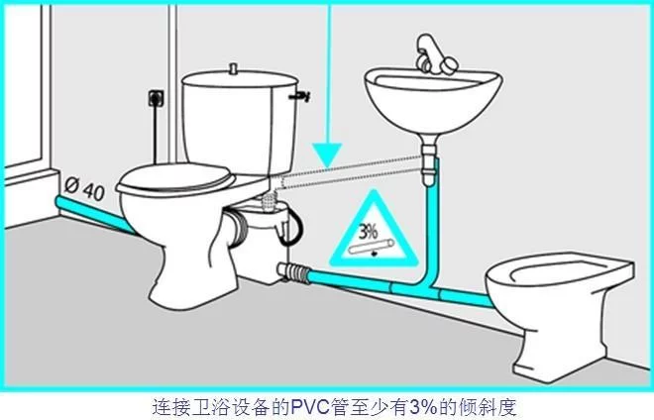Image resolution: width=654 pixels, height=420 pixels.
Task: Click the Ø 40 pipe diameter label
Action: click(84, 188)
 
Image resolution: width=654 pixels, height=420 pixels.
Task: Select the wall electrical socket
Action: click(156, 98)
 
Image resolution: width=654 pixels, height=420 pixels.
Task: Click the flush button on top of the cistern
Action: click(234, 68)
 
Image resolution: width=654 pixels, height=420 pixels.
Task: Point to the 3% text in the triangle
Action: click(369, 232)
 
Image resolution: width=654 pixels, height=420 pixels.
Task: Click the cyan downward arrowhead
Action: click(327, 156)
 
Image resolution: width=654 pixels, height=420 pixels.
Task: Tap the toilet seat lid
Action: click(175, 178)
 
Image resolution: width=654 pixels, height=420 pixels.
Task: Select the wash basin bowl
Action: click(433, 101)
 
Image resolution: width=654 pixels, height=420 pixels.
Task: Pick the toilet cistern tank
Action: click(240, 123)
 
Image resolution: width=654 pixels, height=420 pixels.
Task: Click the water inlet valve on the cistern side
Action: click(300, 96)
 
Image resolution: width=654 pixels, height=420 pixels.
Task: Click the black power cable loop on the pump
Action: click(292, 227)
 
